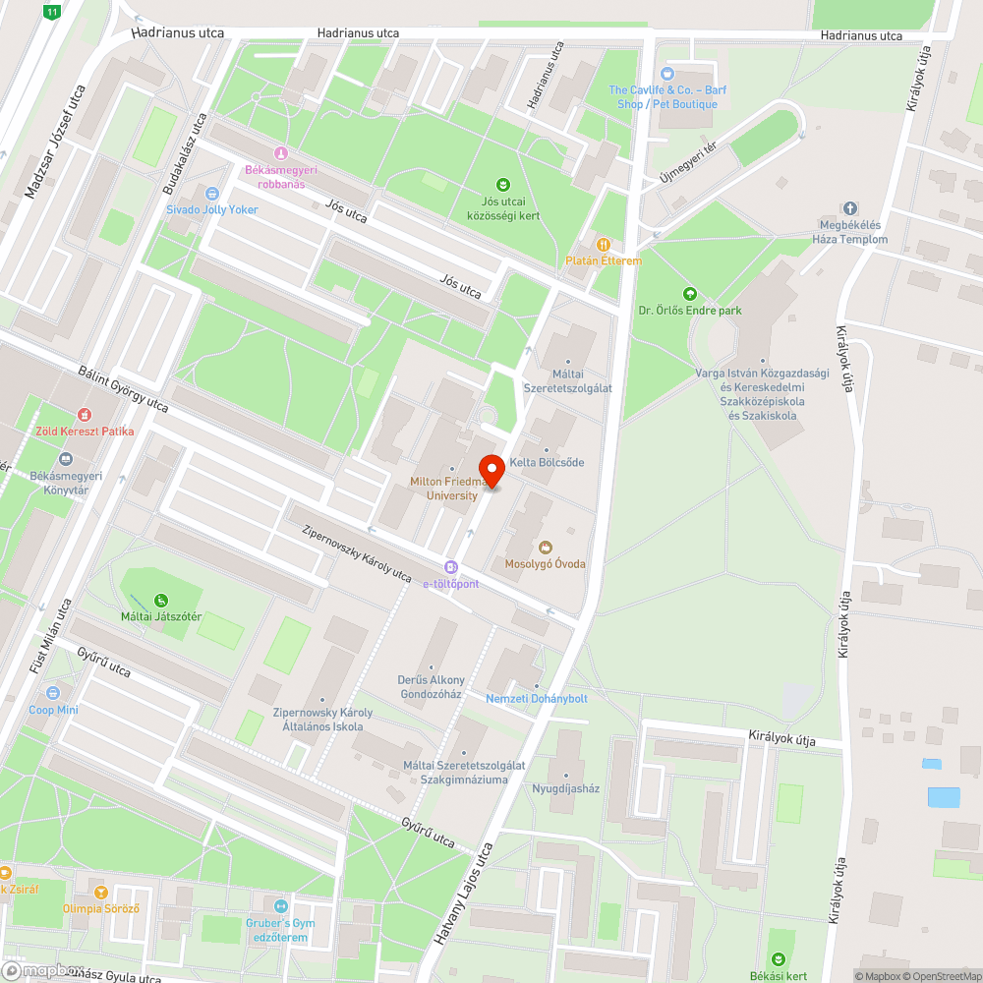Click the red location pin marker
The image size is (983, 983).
click(491, 470)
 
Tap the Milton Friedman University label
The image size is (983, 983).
click(451, 489)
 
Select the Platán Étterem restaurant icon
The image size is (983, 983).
click(604, 244)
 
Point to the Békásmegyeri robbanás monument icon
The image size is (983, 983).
click(281, 153)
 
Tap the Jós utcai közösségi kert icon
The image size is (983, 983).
click(503, 185)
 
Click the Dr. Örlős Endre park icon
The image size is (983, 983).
click(689, 293)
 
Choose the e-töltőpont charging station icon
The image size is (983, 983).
click(451, 567)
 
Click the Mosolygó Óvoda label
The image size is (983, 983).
click(545, 563)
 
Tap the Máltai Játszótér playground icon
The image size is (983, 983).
click(160, 600)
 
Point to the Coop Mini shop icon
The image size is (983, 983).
click(53, 693)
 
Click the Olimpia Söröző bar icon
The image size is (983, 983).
click(100, 892)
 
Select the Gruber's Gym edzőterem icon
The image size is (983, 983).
click(281, 905)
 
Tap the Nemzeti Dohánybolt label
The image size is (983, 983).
click(537, 698)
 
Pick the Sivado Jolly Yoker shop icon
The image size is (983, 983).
click(211, 193)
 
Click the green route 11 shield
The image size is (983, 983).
click(52, 12)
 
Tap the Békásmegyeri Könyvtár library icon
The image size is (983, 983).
click(66, 459)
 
